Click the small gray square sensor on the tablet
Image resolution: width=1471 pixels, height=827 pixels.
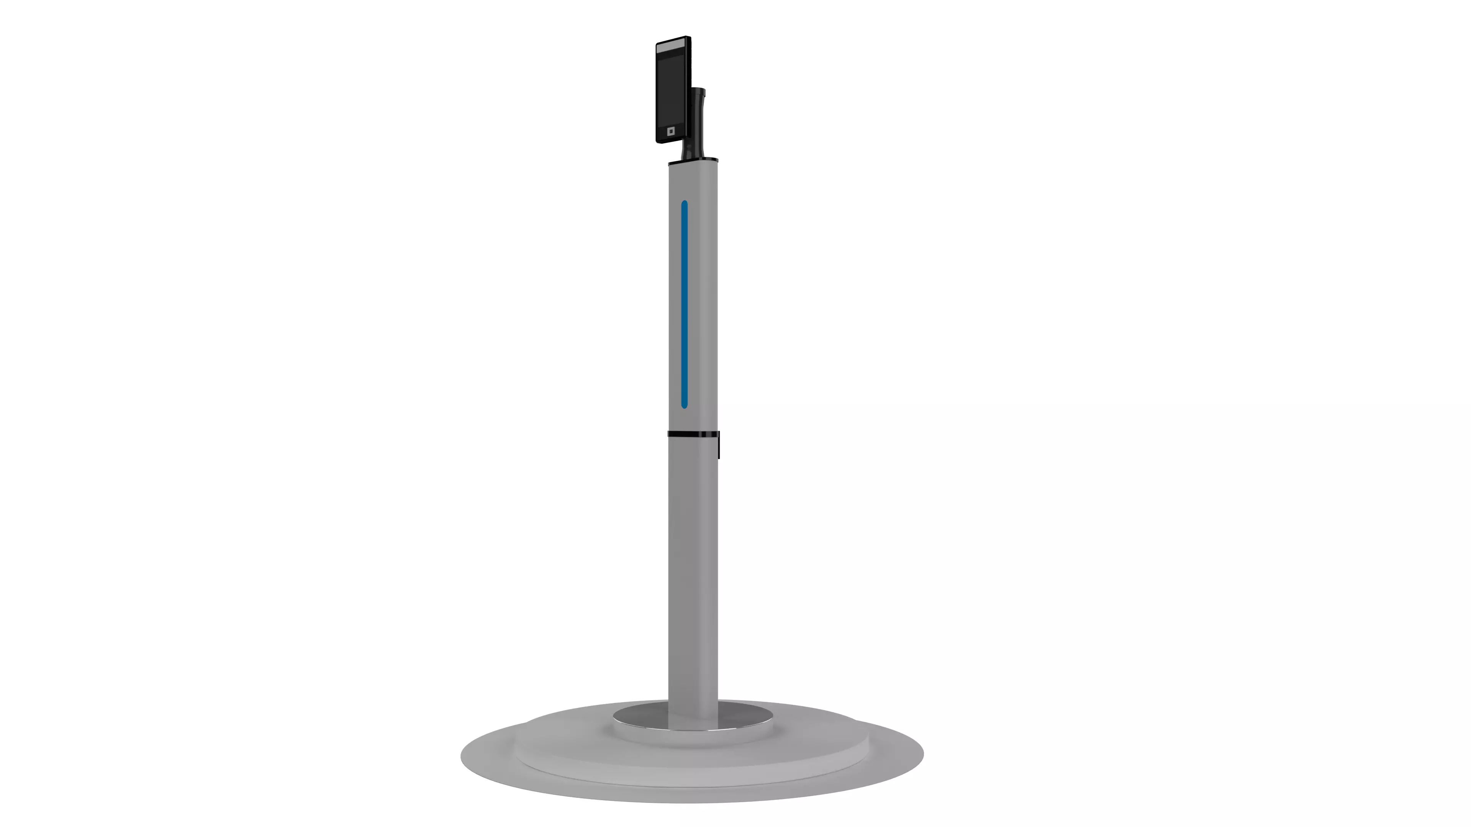click(x=671, y=131)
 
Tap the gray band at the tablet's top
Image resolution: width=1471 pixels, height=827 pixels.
click(x=673, y=48)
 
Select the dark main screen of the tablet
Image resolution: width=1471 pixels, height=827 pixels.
click(x=671, y=88)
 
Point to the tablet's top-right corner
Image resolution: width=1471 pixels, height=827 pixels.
click(x=689, y=38)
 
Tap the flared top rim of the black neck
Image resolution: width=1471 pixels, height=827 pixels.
click(x=699, y=91)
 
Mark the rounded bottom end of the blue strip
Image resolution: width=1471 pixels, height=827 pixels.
click(x=684, y=406)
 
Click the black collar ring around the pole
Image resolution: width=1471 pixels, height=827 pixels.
click(x=692, y=434)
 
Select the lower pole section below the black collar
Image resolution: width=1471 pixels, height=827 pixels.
click(x=693, y=571)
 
